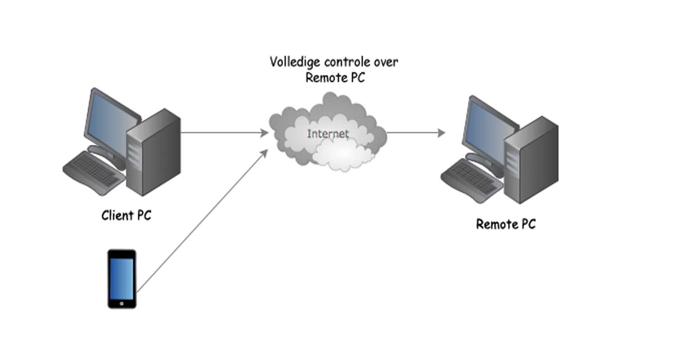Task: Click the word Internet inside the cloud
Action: tap(328, 134)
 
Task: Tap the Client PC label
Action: tap(126, 216)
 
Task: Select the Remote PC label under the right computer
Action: tap(506, 224)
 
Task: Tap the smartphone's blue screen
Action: tap(121, 279)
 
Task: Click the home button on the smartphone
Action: tap(121, 304)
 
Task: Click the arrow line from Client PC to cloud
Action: tap(220, 133)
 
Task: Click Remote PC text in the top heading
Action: tap(335, 77)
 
